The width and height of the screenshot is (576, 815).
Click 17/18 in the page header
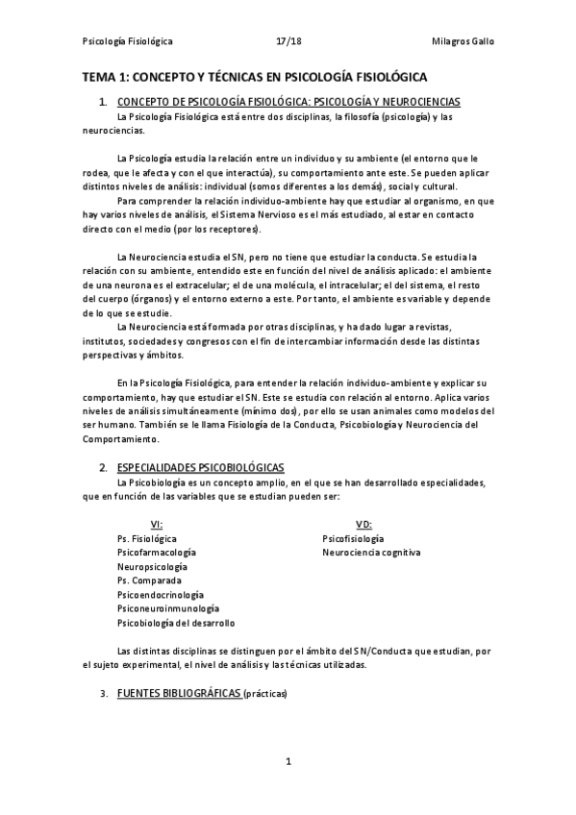pyautogui.click(x=288, y=41)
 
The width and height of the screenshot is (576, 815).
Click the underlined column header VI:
pyautogui.click(x=158, y=524)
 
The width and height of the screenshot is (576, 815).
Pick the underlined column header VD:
pyautogui.click(x=363, y=524)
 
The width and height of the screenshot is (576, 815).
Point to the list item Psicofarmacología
pyautogui.click(x=156, y=553)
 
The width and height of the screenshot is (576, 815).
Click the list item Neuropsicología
pyautogui.click(x=151, y=567)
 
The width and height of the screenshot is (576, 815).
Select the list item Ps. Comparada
pyautogui.click(x=148, y=580)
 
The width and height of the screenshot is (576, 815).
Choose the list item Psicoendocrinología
pyautogui.click(x=160, y=595)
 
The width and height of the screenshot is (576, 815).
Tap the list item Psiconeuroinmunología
pyautogui.click(x=167, y=608)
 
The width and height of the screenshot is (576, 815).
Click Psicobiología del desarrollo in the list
pyautogui.click(x=175, y=623)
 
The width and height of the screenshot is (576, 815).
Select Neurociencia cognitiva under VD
pyautogui.click(x=371, y=553)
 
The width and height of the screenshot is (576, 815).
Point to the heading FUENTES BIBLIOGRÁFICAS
pyautogui.click(x=179, y=693)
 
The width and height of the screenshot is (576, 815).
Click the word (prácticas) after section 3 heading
pyautogui.click(x=264, y=693)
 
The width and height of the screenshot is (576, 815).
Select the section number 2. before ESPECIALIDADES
pyautogui.click(x=103, y=467)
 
